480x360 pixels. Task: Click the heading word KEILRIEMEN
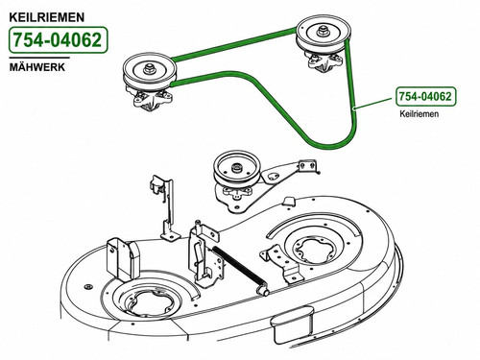tap(47, 17)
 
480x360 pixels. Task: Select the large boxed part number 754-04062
tap(58, 40)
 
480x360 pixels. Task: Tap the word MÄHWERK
tap(37, 67)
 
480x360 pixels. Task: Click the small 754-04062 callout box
tap(426, 96)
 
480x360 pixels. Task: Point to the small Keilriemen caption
tap(420, 113)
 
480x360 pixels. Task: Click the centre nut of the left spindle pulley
tap(148, 68)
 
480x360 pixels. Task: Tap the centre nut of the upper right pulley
tap(323, 32)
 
